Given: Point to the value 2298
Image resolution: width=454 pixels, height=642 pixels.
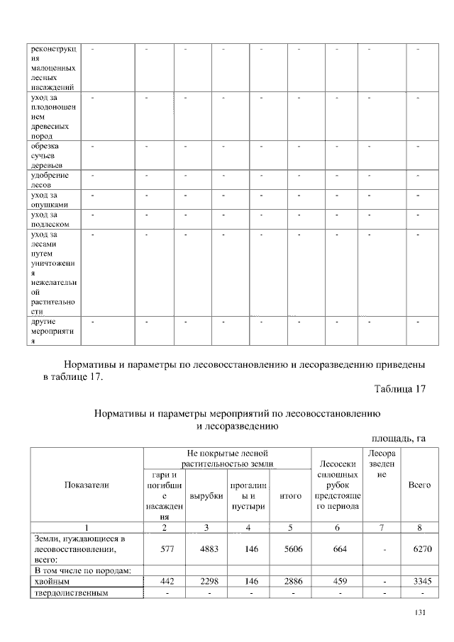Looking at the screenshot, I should [x=206, y=581].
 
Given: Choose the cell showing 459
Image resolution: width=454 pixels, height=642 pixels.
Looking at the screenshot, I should [x=338, y=581].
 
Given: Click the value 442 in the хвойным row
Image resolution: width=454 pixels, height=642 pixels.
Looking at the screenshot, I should [x=165, y=581].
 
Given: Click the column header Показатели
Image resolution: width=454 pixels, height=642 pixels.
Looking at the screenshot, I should [x=87, y=485].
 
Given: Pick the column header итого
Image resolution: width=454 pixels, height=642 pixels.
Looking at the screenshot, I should [x=292, y=496].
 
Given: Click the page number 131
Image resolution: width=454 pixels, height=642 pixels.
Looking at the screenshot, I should [x=419, y=613].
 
